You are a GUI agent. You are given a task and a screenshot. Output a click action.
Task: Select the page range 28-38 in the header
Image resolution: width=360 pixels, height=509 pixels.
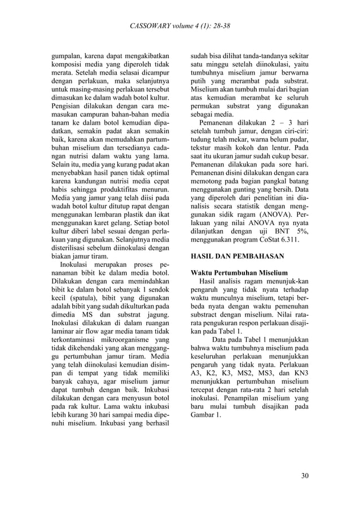pos(217,26)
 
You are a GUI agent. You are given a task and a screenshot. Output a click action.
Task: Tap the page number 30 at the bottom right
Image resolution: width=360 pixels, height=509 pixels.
pos(305,476)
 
